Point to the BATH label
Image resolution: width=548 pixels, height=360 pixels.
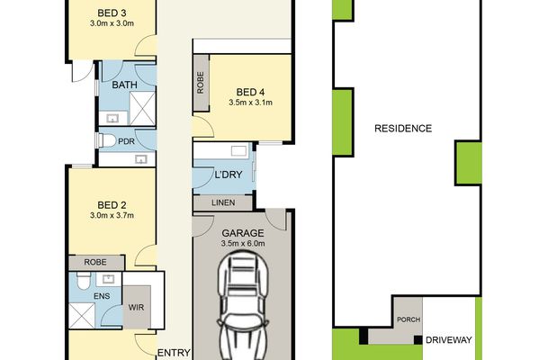click(x=124, y=85)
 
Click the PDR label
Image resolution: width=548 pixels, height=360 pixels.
click(x=126, y=141)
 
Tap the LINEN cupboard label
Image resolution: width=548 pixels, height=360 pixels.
click(x=224, y=203)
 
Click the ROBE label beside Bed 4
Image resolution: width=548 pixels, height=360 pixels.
click(x=200, y=84)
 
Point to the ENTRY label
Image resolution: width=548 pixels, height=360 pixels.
click(x=173, y=352)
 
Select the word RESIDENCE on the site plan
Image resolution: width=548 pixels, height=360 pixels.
click(x=403, y=129)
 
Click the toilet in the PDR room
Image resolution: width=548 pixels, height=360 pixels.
click(x=107, y=141)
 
